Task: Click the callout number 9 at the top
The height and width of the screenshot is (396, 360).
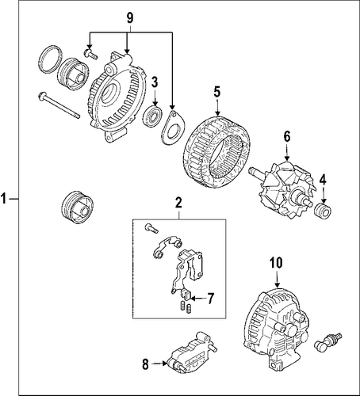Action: point(130,18)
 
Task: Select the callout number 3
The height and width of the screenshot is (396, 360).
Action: point(155,82)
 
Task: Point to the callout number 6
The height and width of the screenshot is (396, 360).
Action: point(287,136)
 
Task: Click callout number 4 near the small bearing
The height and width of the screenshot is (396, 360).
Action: point(323,180)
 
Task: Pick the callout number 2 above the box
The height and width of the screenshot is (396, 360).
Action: point(178,203)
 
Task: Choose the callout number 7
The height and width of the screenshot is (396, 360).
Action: point(209,299)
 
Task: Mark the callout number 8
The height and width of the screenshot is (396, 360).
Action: point(145,364)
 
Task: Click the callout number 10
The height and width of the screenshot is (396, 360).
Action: point(277,262)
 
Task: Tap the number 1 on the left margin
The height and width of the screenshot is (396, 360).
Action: point(3,198)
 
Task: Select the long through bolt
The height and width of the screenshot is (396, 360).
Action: point(59,105)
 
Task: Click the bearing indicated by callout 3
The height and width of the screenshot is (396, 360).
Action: point(152,115)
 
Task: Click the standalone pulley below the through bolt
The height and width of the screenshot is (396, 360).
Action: point(77,208)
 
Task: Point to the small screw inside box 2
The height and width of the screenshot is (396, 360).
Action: point(151,227)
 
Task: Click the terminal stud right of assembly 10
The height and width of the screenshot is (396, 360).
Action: point(327,342)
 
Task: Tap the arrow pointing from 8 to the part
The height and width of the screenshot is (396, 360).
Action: point(159,364)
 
